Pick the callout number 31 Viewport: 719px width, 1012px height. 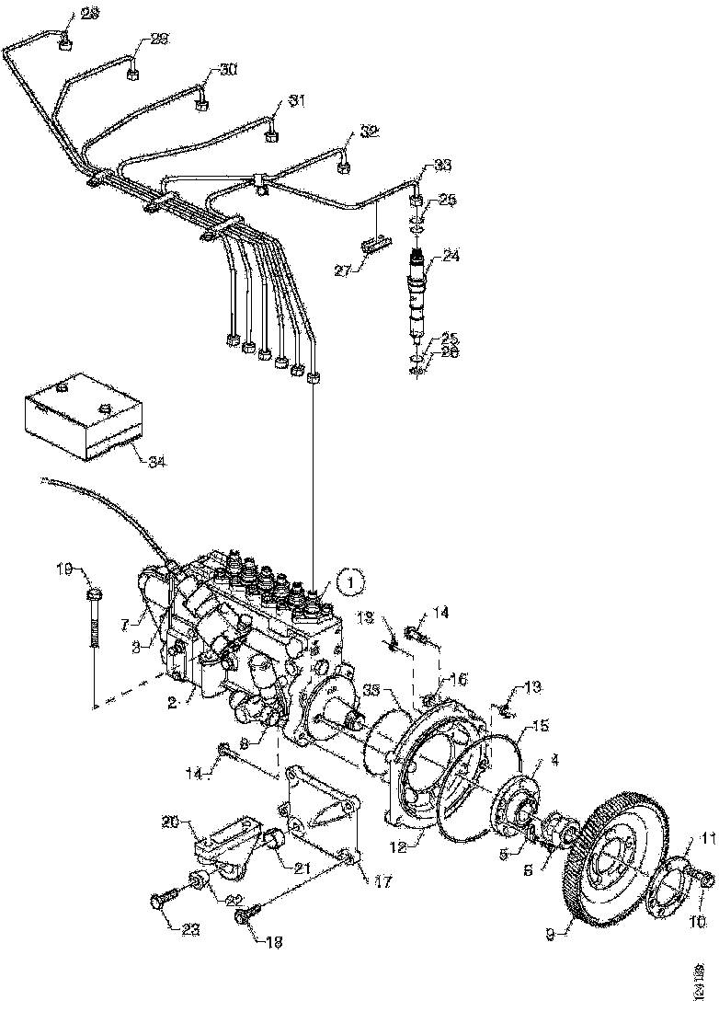click(295, 101)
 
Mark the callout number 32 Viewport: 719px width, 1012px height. click(369, 132)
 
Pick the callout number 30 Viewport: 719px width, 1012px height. click(228, 70)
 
